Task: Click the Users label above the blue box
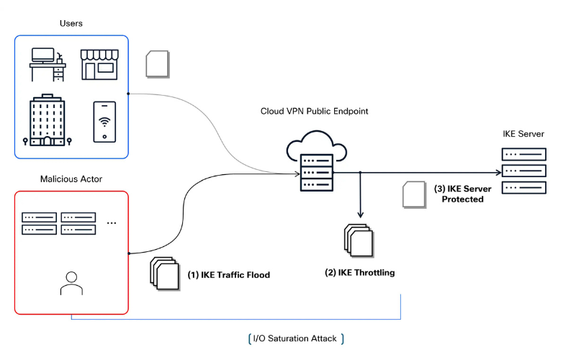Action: [x=71, y=24]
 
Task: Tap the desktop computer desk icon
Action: [x=48, y=64]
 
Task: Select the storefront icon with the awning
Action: [x=99, y=64]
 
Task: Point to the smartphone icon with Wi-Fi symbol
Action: [x=105, y=121]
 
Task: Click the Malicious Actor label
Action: [x=71, y=178]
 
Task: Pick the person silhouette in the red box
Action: [x=71, y=283]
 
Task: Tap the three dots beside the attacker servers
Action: [x=112, y=223]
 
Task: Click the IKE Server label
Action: [x=523, y=134]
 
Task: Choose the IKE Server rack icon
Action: [x=523, y=171]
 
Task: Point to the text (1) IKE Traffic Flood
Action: [x=228, y=275]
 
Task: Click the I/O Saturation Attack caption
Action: [x=295, y=338]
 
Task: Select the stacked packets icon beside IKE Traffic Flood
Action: [x=163, y=274]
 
